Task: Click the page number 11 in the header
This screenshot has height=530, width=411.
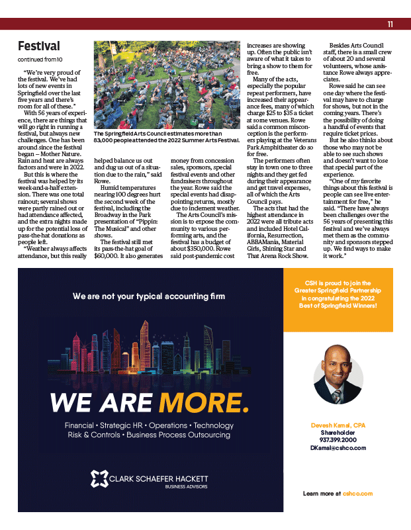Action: (390, 24)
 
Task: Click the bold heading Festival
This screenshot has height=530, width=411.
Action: (38, 46)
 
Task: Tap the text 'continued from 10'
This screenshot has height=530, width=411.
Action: (40, 60)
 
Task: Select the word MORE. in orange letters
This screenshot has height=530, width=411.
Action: (204, 403)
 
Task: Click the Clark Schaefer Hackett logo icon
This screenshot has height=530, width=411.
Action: (99, 479)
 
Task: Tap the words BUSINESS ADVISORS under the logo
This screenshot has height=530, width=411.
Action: (187, 487)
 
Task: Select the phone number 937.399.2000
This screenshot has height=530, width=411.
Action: (338, 439)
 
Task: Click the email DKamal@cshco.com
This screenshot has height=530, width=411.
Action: (338, 447)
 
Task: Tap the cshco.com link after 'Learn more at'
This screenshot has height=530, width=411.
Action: (358, 494)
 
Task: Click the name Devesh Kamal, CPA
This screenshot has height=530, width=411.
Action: (338, 424)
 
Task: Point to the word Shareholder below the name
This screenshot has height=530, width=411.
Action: (338, 432)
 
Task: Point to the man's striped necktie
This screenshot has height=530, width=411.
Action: (337, 396)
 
